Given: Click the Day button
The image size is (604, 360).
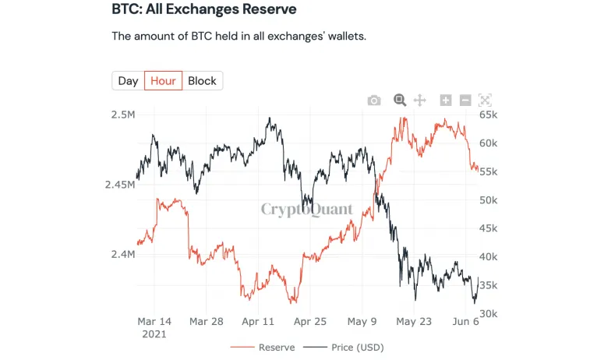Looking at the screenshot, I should point(128,81).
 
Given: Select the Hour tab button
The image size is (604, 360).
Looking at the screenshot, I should point(163,81).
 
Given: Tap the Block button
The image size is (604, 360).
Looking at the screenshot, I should point(202,81).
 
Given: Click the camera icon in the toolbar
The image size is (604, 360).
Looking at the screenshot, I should point(374,100).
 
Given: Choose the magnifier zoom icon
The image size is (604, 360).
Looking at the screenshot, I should point(400,100).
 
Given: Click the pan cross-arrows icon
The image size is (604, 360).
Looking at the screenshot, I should point(419,100).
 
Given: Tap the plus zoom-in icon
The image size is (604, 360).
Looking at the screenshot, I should point(446,100).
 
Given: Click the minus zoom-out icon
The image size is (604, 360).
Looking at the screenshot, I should point(465,100).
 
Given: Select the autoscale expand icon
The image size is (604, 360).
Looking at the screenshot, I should point(485,100).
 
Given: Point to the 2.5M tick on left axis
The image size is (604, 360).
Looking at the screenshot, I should point(122,115).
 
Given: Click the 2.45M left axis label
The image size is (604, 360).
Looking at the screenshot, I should point(119,185).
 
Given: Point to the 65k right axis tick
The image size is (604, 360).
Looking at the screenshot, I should point(489,115).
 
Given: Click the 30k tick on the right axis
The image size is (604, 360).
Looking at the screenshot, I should point(489,313).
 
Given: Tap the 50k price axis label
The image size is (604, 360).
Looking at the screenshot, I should point(489,200).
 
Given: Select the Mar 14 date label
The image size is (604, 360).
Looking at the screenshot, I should point(154,321).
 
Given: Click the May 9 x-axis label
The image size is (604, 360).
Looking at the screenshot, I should point(362,321).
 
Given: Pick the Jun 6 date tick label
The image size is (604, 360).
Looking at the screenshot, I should point(466,321).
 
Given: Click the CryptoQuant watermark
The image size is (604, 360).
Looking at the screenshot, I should point(306,209).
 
